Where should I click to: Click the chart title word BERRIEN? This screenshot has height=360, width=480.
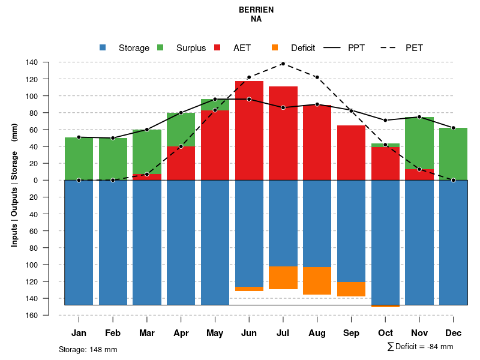tap(256, 10)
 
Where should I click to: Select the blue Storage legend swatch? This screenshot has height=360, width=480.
tap(103, 47)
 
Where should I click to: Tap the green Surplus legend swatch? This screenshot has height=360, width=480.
tap(160, 47)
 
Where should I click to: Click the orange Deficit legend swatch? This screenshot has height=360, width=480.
tap(275, 47)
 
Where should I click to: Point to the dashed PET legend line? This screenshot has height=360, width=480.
tap(385, 47)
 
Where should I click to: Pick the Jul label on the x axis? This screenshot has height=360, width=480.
tap(283, 333)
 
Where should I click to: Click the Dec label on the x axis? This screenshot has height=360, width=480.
tap(454, 333)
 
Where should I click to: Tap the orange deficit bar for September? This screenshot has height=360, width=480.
tap(352, 289)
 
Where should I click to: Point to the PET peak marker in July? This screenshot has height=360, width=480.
tap(283, 64)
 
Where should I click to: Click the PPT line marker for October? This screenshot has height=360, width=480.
tap(385, 121)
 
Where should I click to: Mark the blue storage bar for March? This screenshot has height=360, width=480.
tap(147, 242)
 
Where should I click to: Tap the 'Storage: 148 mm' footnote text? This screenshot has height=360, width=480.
tap(88, 349)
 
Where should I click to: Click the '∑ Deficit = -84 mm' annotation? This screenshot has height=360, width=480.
tap(420, 346)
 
